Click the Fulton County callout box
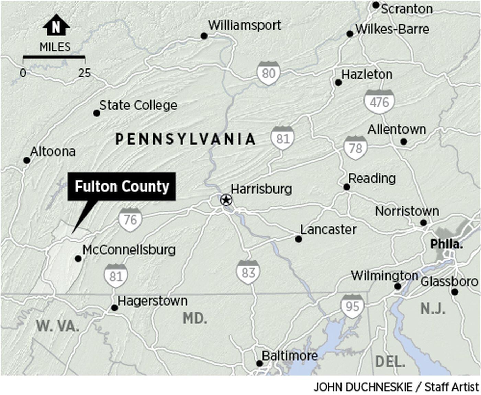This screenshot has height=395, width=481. (122, 186)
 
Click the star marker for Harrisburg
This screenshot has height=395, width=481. (226, 200)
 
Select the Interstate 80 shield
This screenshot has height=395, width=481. (268, 73)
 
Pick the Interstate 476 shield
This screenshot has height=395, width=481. (379, 102)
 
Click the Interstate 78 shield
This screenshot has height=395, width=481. (355, 148)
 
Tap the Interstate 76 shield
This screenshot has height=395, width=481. (130, 220)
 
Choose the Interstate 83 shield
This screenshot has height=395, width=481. (248, 272)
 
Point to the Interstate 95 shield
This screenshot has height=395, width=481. (352, 306)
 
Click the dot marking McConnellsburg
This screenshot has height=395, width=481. (78, 258)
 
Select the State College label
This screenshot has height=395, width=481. (138, 105)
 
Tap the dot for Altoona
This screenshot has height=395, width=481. (26, 160)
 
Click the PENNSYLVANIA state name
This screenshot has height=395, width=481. (186, 139)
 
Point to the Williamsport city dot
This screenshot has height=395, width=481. (204, 36)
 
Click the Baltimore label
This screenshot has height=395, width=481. (290, 355)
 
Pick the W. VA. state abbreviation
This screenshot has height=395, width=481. (58, 326)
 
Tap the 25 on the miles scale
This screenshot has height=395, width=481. (85, 73)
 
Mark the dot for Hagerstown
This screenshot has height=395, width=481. (114, 308)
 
